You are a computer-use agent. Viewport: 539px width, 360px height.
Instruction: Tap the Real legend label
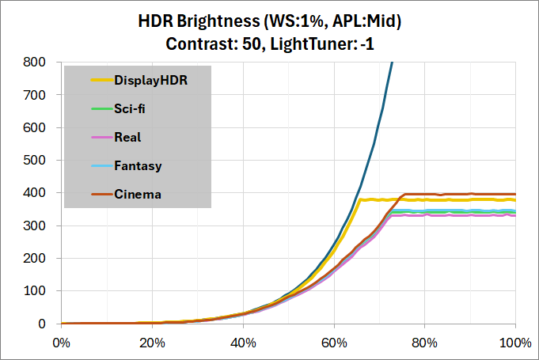pos(127,137)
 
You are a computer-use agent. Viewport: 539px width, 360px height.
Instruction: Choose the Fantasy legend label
pos(138,165)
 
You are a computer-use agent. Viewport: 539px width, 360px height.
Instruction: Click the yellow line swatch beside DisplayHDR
pos(102,80)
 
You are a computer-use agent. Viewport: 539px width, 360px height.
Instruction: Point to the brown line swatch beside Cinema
pos(102,194)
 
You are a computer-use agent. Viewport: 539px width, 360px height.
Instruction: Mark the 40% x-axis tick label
pos(243,343)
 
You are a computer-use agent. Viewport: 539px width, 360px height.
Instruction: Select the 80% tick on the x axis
pos(425,343)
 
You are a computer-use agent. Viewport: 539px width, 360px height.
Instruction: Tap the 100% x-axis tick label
pos(515,343)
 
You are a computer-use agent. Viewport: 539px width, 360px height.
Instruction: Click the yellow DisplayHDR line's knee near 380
pos(361,200)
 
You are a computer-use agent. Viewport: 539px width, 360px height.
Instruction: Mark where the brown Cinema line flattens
pos(404,194)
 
